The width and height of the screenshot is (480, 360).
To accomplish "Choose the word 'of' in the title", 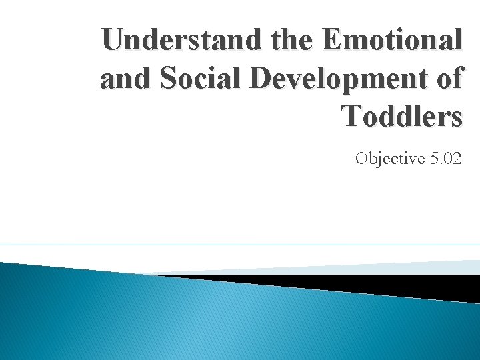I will [448, 79].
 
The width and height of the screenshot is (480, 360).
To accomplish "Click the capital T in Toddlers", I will [353, 116].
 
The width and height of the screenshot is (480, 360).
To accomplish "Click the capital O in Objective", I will [362, 158].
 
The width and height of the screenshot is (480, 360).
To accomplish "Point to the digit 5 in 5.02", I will [434, 158].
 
